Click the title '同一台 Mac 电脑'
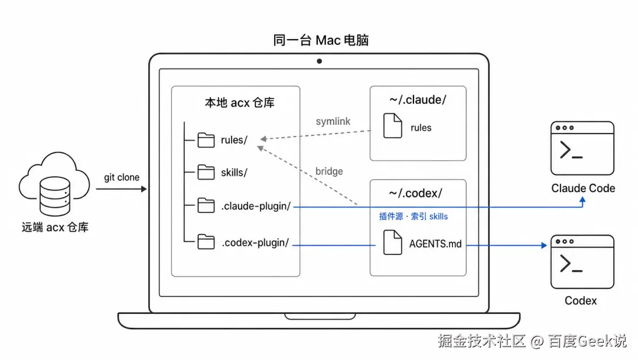tap(321, 40)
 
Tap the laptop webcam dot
tap(320, 61)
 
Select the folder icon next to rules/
tap(206, 140)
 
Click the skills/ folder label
tap(234, 173)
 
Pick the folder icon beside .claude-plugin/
tap(206, 205)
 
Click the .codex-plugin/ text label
tap(255, 243)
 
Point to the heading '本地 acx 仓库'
tap(240, 103)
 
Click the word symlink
tap(333, 121)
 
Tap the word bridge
tap(329, 171)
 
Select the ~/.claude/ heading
tap(418, 100)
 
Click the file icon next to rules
tap(393, 125)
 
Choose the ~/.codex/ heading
tap(415, 193)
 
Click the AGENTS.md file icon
tap(393, 242)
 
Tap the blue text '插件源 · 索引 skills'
tap(414, 216)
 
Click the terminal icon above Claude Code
tap(582, 148)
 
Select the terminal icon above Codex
tap(582, 262)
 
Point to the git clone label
tap(122, 177)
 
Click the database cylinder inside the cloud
tap(55, 196)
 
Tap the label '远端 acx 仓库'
tap(55, 227)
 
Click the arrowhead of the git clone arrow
tap(144, 189)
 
